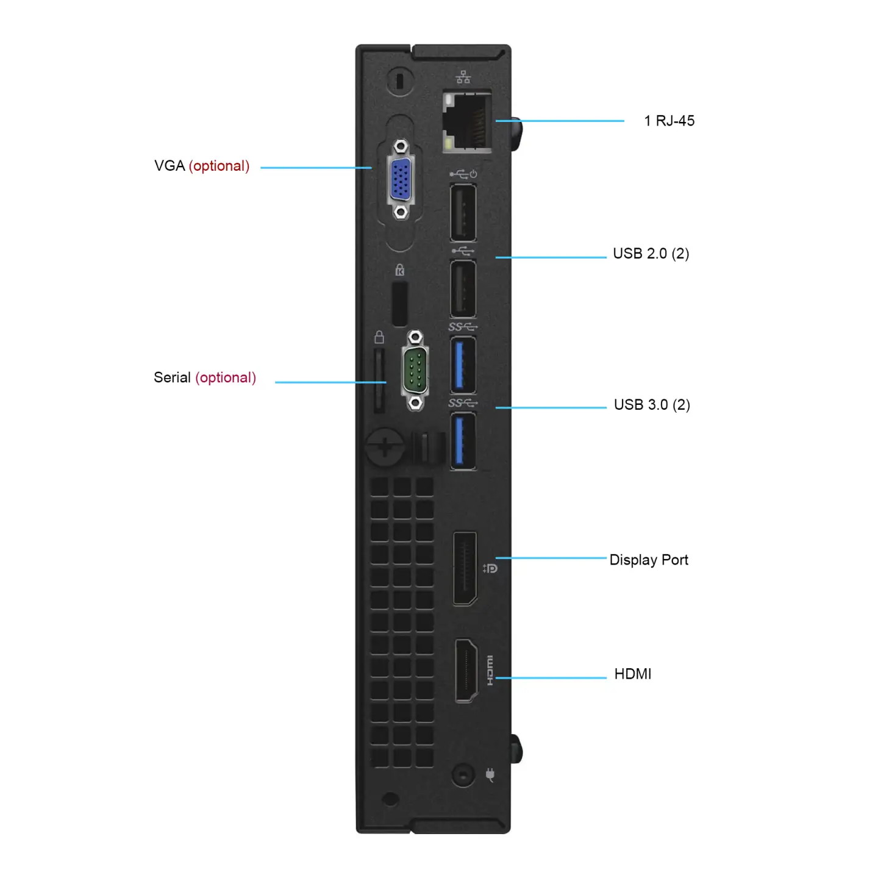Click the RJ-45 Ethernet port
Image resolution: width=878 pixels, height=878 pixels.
(467, 122)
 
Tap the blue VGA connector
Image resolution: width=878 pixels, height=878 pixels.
(401, 179)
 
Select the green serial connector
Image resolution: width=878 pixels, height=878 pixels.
(415, 370)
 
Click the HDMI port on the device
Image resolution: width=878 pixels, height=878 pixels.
(466, 671)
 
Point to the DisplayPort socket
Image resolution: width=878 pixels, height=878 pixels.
(465, 569)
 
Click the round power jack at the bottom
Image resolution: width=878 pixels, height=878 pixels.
(463, 776)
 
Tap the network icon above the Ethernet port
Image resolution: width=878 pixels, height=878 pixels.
(463, 77)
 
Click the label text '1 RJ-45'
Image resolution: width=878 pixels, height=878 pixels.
(669, 121)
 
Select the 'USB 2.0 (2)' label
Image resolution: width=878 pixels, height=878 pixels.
(651, 254)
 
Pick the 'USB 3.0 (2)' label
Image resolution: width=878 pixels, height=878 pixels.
(652, 405)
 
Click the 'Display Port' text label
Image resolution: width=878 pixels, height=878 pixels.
(649, 560)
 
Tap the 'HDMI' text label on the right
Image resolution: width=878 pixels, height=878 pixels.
(632, 674)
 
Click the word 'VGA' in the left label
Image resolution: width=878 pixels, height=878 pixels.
(170, 166)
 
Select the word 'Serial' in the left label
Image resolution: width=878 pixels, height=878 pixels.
(172, 377)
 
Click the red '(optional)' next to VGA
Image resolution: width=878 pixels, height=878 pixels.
(220, 166)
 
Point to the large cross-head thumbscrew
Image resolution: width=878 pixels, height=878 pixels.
(385, 449)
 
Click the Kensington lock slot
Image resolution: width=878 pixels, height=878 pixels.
(399, 304)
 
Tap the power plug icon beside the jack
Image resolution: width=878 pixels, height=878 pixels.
(490, 775)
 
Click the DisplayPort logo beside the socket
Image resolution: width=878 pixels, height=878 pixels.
(490, 568)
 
